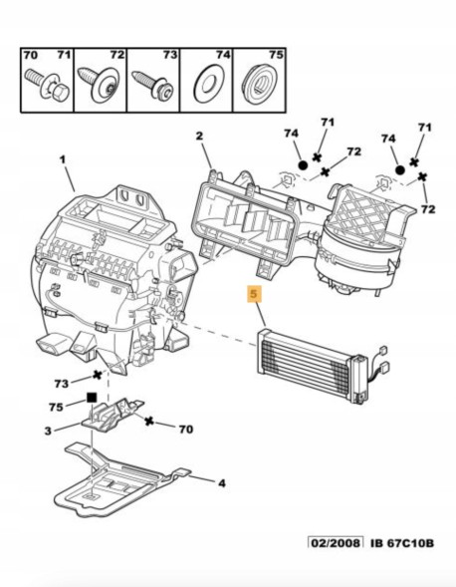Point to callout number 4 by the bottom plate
(x=222, y=483)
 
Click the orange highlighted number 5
(x=255, y=295)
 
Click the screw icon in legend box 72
(x=102, y=80)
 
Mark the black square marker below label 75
(x=91, y=397)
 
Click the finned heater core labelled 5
(x=309, y=360)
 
